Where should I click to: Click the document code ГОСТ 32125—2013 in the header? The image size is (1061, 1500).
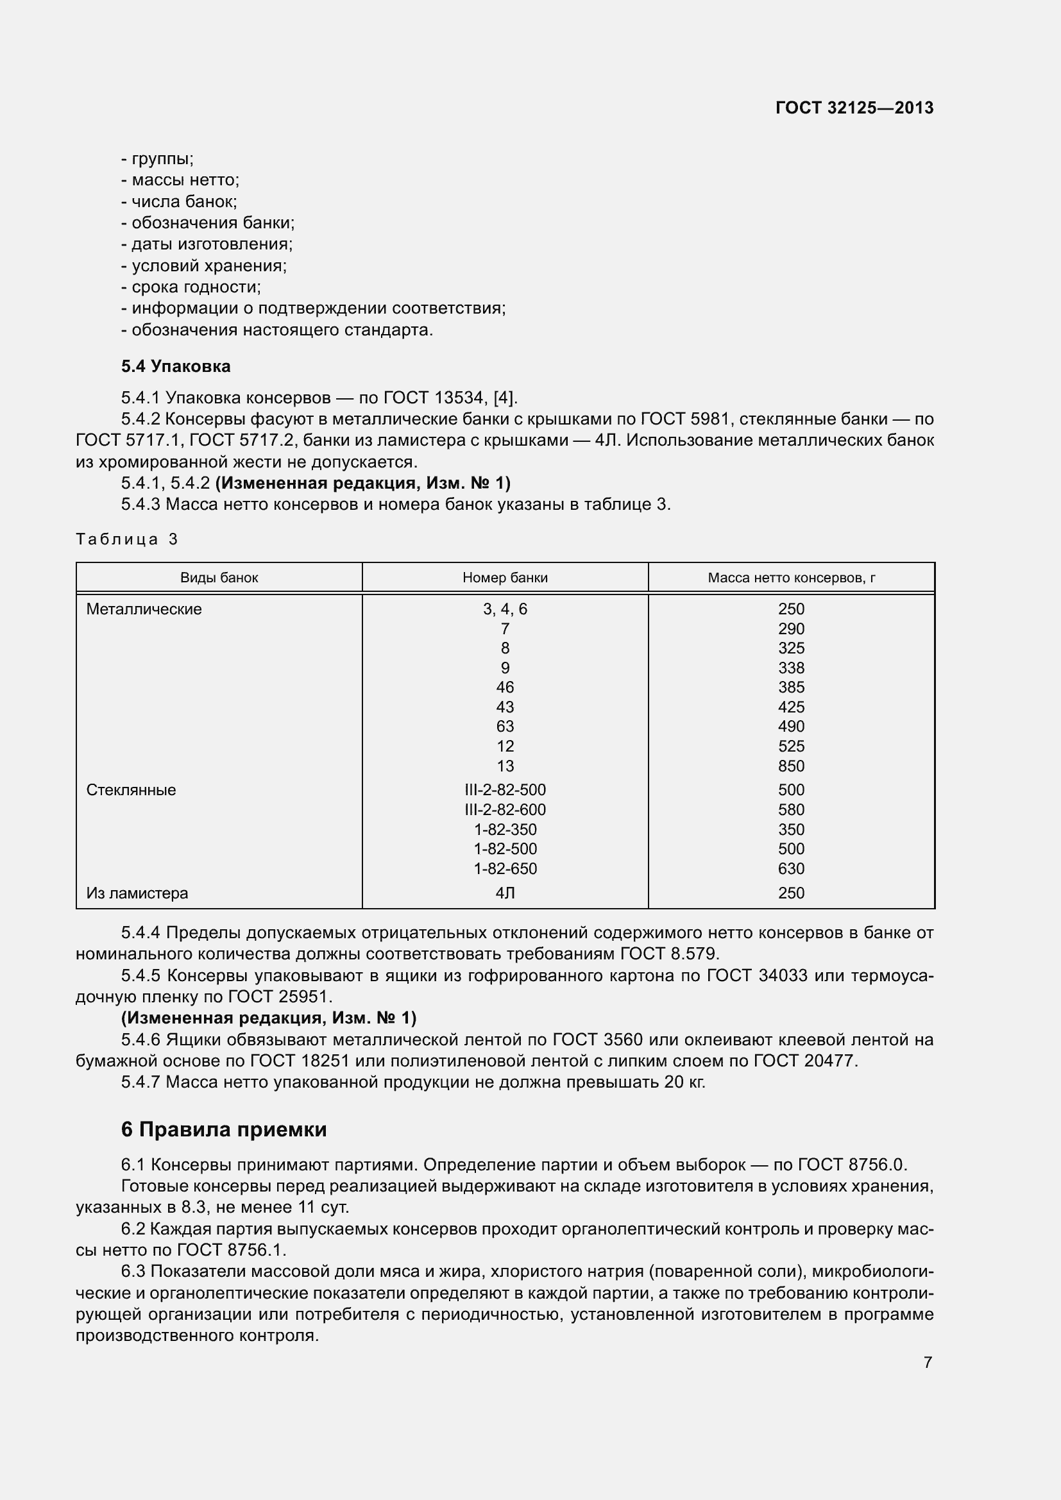[854, 108]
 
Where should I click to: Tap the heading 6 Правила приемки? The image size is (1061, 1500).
[223, 1129]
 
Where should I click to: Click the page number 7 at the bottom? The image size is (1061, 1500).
[928, 1362]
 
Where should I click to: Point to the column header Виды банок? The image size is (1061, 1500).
[219, 578]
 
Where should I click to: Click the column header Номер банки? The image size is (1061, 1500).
[504, 578]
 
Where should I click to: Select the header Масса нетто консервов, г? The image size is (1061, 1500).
[791, 578]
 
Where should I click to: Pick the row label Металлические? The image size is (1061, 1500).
[144, 609]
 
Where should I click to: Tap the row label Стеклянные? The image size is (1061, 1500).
[131, 790]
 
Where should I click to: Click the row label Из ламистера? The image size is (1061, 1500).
[137, 893]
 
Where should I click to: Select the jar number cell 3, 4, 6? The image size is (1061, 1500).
[504, 609]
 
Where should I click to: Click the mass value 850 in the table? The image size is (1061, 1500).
[791, 766]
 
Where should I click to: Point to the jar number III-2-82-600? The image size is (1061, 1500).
[504, 809]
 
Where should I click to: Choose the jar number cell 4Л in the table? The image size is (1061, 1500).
[504, 893]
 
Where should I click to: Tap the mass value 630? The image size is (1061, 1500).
[791, 868]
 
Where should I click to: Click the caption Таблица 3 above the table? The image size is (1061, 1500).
[127, 539]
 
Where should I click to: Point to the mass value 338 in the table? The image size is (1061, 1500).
[791, 668]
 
